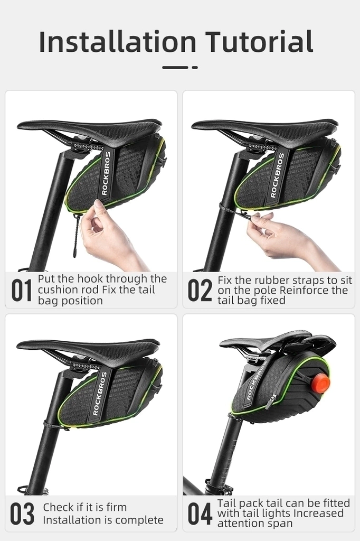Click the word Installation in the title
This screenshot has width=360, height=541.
tap(118, 42)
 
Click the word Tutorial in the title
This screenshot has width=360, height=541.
tap(260, 42)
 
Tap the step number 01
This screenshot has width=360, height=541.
tap(22, 290)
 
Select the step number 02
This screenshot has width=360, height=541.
tap(200, 290)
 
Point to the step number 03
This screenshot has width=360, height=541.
tap(22, 514)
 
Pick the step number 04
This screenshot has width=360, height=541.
tap(200, 514)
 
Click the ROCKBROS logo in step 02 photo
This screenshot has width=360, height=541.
tap(278, 175)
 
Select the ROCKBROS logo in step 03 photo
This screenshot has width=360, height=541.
tap(99, 393)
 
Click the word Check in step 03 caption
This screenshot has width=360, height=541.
tap(58, 507)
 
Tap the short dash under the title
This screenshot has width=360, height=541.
tap(195, 67)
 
